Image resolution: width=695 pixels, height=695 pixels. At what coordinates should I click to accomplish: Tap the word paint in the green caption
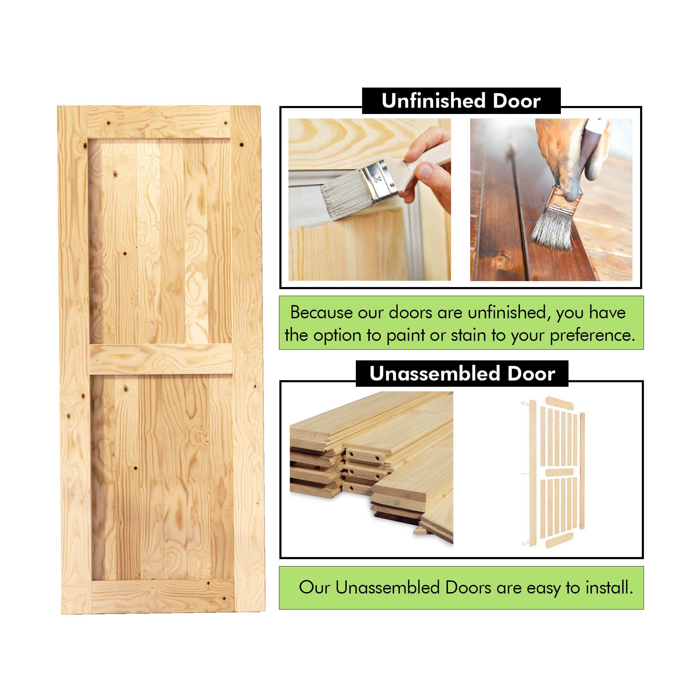[x=406, y=335]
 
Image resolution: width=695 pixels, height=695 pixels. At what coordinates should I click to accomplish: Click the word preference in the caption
[x=591, y=336]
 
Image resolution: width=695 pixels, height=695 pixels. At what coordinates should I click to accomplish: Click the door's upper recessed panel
[x=160, y=241]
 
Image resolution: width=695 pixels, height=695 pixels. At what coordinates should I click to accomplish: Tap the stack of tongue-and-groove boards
[x=370, y=464]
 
